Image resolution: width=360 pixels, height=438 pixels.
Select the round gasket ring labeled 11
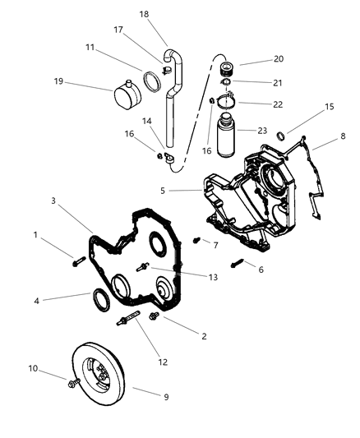click(x=151, y=81)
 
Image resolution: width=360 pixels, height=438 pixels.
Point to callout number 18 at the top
click(x=145, y=15)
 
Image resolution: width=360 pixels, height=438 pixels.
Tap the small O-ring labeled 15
click(x=281, y=136)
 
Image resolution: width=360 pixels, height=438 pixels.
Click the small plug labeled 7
click(x=197, y=241)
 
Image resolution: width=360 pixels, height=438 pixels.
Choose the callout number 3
click(x=52, y=201)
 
